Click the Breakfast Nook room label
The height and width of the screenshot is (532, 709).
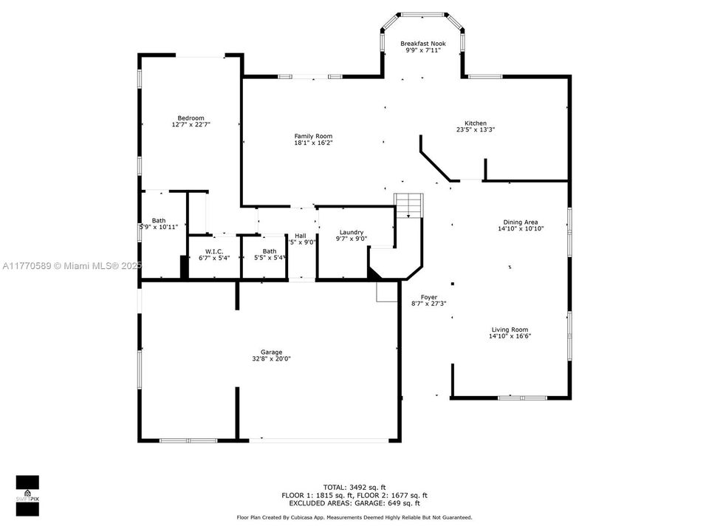coord(422,44)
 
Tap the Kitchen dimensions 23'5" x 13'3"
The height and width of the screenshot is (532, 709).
coord(475,130)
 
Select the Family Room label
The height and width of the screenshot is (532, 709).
coord(313,136)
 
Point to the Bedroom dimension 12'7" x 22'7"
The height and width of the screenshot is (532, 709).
coord(191,125)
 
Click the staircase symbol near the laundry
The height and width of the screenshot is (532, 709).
coord(411,205)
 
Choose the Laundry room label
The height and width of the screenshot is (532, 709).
coord(351,232)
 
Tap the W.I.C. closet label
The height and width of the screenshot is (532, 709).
coord(214,251)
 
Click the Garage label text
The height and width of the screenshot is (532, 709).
coord(271,352)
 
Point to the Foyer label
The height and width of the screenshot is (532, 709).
coord(428,297)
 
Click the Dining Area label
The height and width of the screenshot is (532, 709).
coord(520,222)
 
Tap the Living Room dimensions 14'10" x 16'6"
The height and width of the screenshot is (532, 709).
coord(510,336)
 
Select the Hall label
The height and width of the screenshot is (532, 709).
coord(301,236)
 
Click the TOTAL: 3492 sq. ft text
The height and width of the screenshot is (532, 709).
coord(354,487)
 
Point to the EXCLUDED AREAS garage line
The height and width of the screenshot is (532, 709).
coord(354,503)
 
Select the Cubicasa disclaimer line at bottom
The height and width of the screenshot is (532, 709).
coord(354,518)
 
